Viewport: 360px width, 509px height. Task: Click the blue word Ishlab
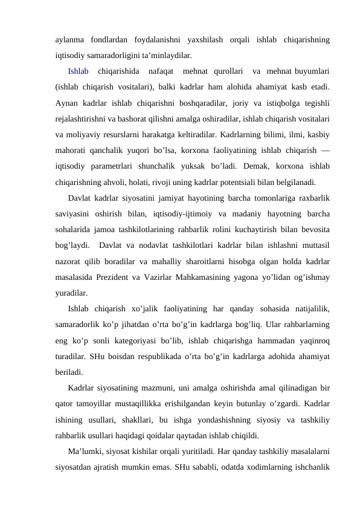79,72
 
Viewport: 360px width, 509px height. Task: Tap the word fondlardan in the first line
110,41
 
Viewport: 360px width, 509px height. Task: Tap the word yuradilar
71,292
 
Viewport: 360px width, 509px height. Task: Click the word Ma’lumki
86,449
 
